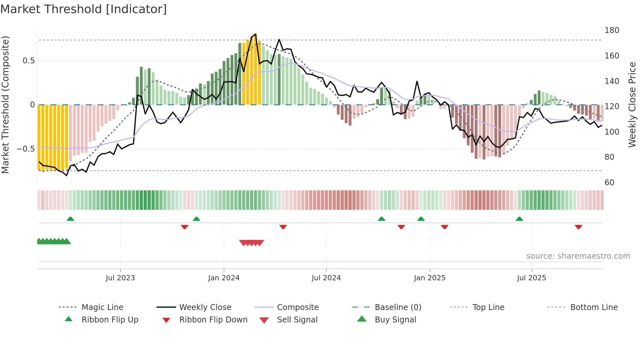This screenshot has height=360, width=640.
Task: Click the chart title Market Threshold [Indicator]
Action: [84, 9]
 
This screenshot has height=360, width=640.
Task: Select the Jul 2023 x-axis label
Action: [120, 278]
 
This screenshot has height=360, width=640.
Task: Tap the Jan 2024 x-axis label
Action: [224, 278]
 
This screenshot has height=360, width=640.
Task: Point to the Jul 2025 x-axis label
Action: [531, 278]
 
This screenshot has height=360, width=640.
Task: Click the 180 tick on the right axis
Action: [612, 30]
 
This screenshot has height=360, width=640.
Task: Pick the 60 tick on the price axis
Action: [609, 183]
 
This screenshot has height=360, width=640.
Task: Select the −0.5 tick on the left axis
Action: [25, 149]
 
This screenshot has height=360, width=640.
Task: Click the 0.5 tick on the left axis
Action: [28, 61]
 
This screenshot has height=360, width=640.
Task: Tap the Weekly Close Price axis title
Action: [632, 105]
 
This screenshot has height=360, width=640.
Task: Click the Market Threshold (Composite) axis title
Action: [5, 105]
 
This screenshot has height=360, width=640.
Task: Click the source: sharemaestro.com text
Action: [578, 256]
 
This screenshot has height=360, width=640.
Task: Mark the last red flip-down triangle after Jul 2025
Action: [578, 227]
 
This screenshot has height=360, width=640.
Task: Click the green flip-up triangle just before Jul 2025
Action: [519, 219]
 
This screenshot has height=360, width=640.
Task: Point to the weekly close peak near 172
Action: [279, 40]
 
